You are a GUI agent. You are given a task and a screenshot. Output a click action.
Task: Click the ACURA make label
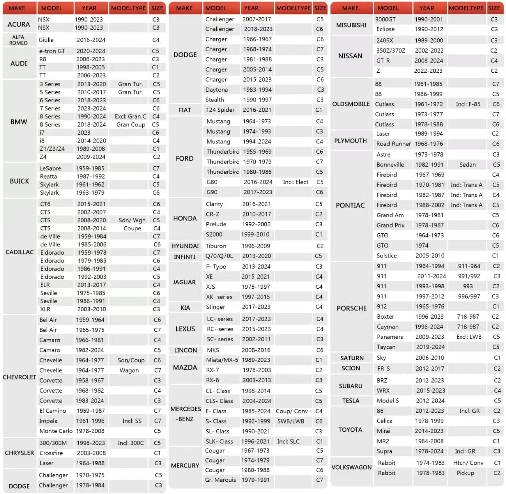pyautogui.click(x=19, y=24)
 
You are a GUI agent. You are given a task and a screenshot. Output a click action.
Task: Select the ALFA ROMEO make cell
pyautogui.click(x=19, y=40)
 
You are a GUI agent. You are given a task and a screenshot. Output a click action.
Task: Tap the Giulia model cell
pyautogui.click(x=46, y=40)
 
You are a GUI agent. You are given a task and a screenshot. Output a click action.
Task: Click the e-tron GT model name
pyautogui.click(x=52, y=51)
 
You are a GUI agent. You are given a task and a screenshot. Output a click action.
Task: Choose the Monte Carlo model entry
pyautogui.click(x=56, y=431)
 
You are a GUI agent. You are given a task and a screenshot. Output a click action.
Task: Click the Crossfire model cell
pyautogui.click(x=51, y=453)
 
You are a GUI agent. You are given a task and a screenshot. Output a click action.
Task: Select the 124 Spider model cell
pyautogui.click(x=220, y=110)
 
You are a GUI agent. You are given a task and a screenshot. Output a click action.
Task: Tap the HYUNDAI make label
pyautogui.click(x=185, y=246)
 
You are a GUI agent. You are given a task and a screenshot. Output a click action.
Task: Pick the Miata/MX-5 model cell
pyautogui.click(x=222, y=360)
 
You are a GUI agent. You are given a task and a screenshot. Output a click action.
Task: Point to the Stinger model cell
pyautogui.click(x=215, y=307)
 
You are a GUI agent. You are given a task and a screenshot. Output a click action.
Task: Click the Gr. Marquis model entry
pyautogui.click(x=221, y=480)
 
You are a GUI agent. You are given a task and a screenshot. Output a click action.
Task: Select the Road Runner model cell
pyautogui.click(x=393, y=144)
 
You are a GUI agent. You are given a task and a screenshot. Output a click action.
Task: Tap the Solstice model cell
pyautogui.click(x=387, y=255)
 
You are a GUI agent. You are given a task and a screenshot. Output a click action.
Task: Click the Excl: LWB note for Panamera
pyautogui.click(x=469, y=337)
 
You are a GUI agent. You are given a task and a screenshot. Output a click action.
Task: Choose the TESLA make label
pyautogui.click(x=351, y=400)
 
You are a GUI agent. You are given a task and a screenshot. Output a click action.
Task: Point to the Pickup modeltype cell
pyautogui.click(x=465, y=473)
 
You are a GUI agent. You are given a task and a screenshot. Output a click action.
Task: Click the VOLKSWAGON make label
pyautogui.click(x=351, y=467)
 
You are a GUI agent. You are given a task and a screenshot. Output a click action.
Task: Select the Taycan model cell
pyautogui.click(x=386, y=347)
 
